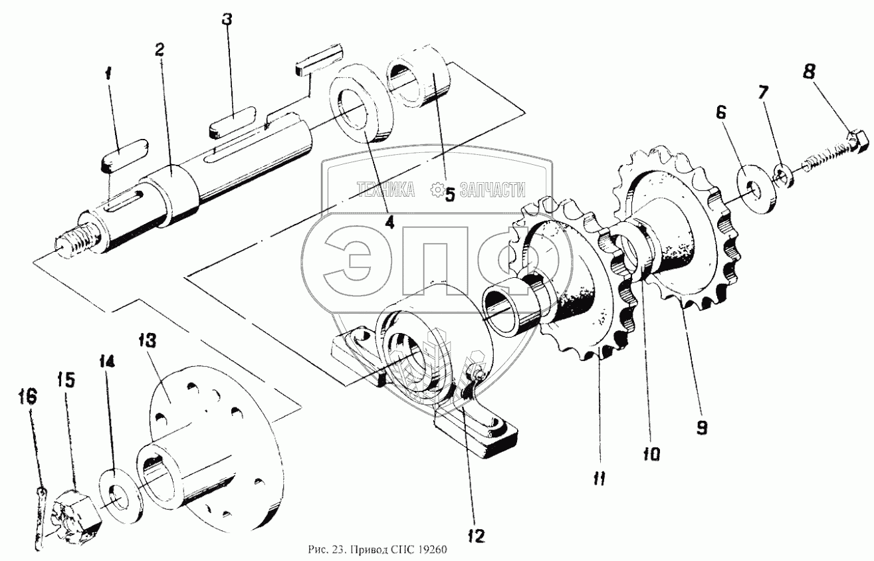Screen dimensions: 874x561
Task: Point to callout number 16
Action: (x=29, y=397)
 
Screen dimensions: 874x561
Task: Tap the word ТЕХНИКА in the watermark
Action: (x=386, y=191)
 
